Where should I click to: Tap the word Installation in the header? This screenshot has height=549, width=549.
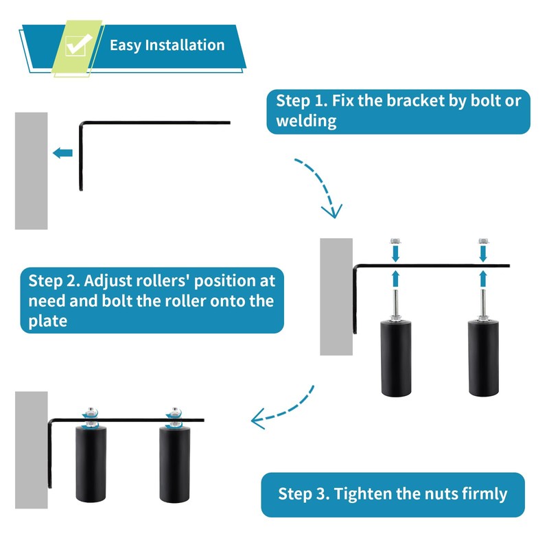(182, 45)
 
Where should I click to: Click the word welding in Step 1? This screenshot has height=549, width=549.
(306, 121)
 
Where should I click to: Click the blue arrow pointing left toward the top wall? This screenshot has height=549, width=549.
(62, 153)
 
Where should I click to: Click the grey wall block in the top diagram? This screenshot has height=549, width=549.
(32, 171)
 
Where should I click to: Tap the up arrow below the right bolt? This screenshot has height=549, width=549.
(484, 278)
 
